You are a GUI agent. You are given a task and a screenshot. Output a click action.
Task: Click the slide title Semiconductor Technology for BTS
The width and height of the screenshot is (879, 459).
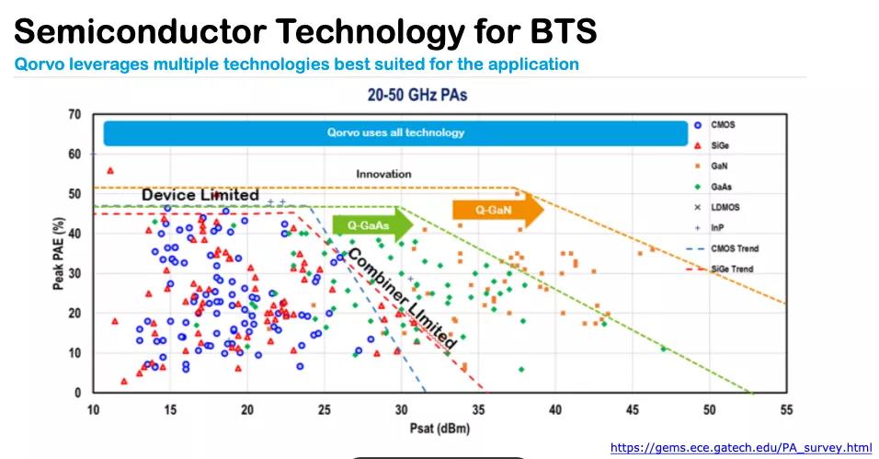coord(305,31)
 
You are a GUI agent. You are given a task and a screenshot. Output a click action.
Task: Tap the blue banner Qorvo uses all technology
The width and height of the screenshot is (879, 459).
coord(395,132)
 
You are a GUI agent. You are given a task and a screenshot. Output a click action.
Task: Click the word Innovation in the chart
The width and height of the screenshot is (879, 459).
coord(383,174)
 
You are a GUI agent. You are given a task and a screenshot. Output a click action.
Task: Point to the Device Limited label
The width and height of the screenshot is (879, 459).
coord(200,195)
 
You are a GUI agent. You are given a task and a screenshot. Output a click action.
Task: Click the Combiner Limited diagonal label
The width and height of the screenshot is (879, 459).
coord(401,297)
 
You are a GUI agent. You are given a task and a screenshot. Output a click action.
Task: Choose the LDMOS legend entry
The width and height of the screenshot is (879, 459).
coord(724,207)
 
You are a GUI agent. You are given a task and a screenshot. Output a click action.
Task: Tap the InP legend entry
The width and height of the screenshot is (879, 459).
coord(716,228)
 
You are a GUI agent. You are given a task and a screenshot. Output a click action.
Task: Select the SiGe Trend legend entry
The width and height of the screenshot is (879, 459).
coord(731,270)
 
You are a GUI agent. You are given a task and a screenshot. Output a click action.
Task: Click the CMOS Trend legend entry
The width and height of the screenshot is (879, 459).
coord(733,248)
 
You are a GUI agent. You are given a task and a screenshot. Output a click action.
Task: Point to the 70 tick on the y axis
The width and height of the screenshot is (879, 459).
coord(74,115)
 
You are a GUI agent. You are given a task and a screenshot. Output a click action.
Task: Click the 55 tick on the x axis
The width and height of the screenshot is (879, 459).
coord(784,408)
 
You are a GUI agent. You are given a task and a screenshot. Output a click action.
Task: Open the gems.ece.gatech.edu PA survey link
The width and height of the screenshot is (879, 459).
coord(741,448)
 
